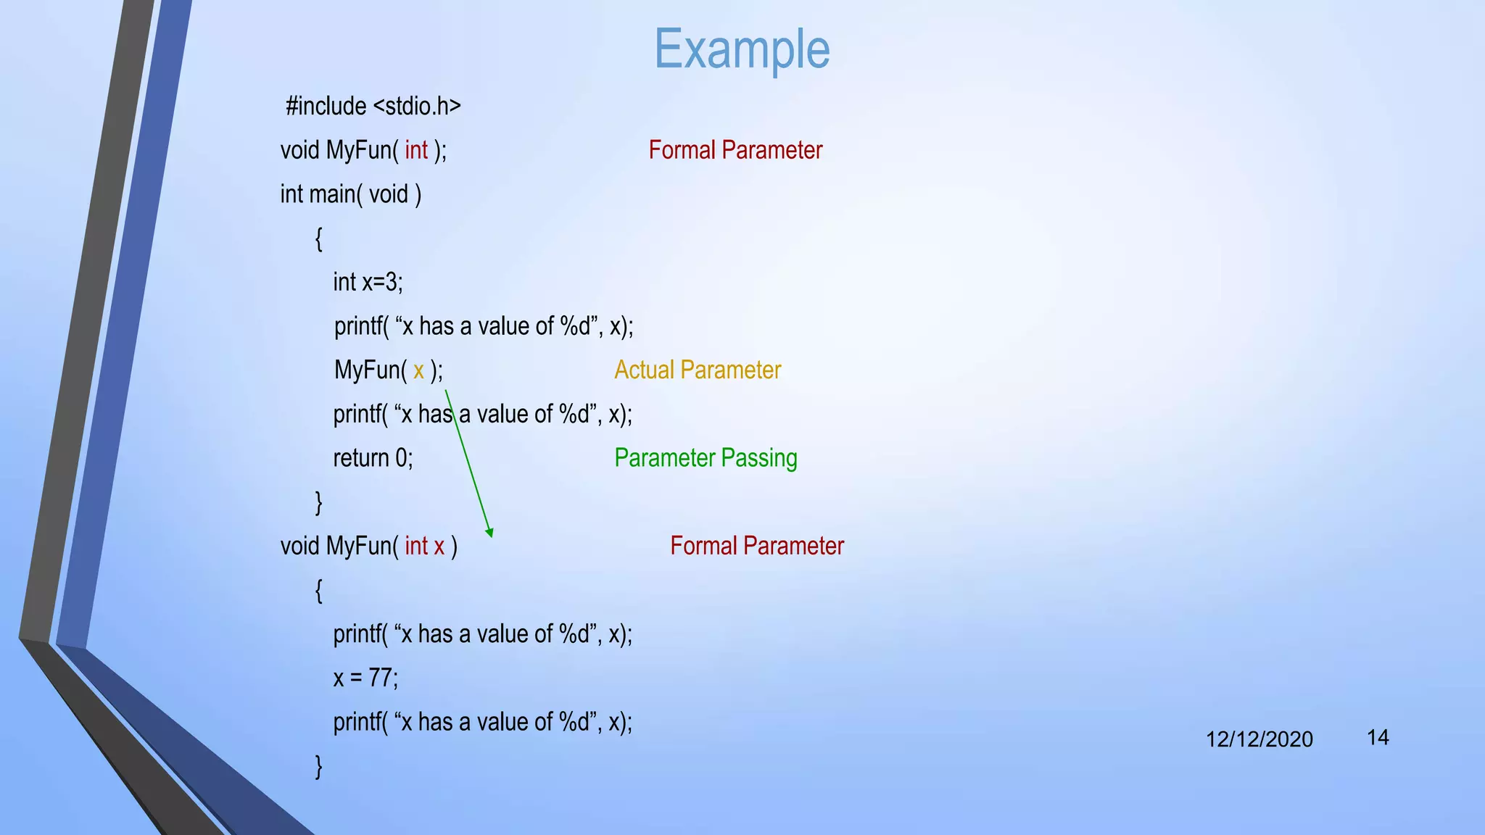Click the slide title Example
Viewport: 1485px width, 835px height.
point(742,49)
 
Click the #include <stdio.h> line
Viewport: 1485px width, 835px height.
point(373,107)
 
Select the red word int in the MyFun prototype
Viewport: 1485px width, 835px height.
point(416,150)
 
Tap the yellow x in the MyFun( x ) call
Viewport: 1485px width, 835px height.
point(418,371)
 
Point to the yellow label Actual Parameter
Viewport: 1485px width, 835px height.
point(698,370)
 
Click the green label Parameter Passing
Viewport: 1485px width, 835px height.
point(706,458)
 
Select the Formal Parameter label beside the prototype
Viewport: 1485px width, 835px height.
point(735,150)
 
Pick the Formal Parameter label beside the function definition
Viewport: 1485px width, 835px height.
point(757,546)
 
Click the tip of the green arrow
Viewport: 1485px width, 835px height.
point(491,535)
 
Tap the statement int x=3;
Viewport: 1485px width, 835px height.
point(368,282)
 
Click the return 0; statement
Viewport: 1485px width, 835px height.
point(373,458)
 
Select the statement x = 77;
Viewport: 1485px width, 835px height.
point(365,678)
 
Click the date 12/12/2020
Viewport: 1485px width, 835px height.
point(1259,739)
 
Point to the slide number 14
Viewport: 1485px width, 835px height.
point(1378,738)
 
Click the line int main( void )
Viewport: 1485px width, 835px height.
point(351,194)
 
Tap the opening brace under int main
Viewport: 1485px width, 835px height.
point(318,238)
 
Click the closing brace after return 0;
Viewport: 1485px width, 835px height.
point(318,502)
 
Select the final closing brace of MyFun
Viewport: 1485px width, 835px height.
point(318,766)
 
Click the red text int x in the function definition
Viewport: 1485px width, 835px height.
point(425,546)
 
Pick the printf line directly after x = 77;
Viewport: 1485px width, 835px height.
point(482,722)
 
